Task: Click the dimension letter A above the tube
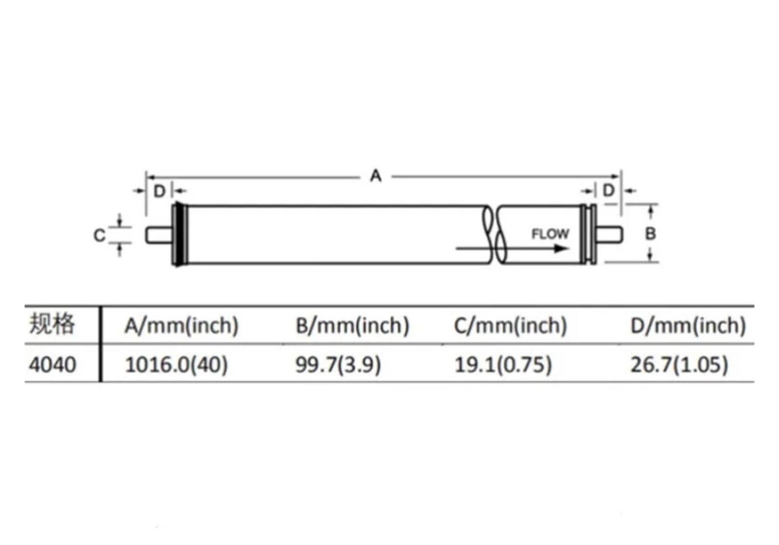click(375, 176)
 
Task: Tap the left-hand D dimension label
click(160, 191)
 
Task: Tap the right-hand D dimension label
click(609, 190)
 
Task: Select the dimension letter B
click(650, 233)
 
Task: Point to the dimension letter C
click(99, 235)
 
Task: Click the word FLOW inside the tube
click(550, 234)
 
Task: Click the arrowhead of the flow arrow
click(561, 248)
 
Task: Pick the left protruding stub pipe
click(159, 235)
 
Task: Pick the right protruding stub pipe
click(609, 234)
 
